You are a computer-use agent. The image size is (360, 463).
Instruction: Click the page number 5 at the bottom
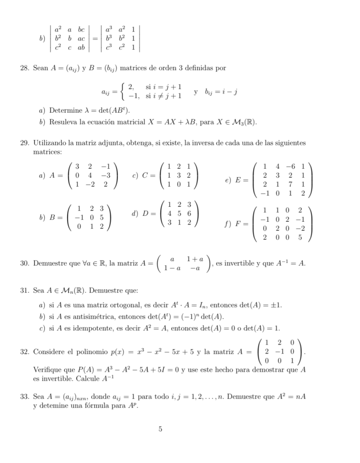[160, 429]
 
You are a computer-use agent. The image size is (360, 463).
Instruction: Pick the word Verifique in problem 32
[48, 370]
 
